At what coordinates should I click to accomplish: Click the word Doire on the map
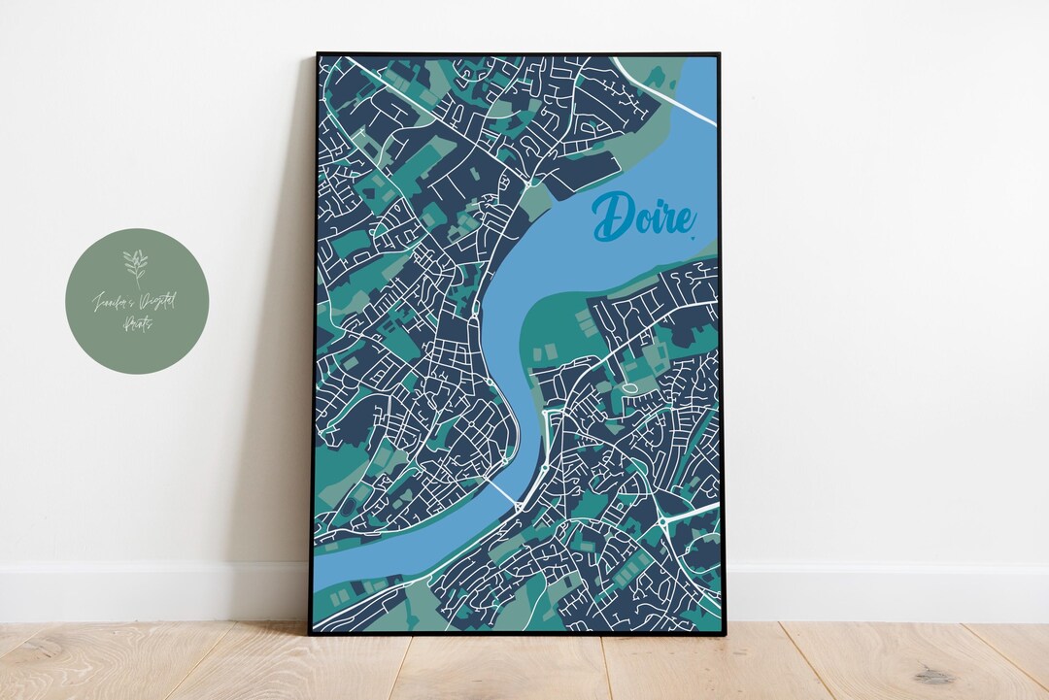pyautogui.click(x=643, y=217)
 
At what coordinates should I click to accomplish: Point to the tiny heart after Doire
pyautogui.click(x=693, y=234)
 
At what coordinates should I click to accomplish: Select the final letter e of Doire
pyautogui.click(x=682, y=219)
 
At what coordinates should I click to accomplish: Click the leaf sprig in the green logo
pyautogui.click(x=136, y=265)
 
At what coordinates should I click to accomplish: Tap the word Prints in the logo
pyautogui.click(x=137, y=326)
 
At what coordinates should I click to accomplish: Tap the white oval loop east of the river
pyautogui.click(x=629, y=389)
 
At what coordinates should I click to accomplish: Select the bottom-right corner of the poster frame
pyautogui.click(x=722, y=633)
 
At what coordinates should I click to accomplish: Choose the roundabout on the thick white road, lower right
pyautogui.click(x=663, y=521)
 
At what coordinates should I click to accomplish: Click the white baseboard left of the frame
pyautogui.click(x=146, y=592)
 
